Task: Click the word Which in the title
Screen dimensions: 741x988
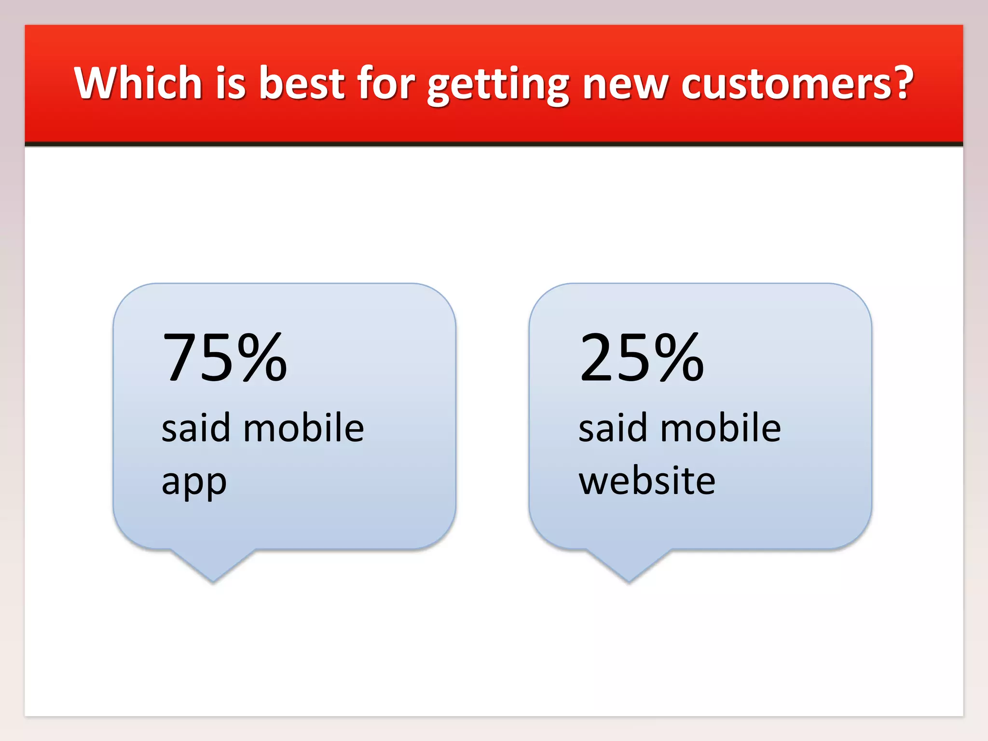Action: [138, 83]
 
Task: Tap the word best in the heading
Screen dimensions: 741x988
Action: [302, 83]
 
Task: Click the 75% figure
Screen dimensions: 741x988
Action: [225, 357]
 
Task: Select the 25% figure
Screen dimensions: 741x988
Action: [642, 357]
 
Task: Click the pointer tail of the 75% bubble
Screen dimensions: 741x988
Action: [213, 564]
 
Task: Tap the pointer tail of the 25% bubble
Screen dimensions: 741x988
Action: [629, 564]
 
